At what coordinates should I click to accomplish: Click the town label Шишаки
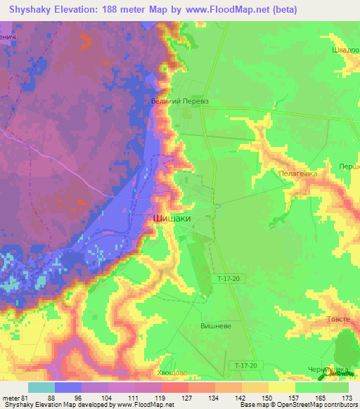tap(172, 219)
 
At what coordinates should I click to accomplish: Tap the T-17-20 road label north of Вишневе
tap(229, 279)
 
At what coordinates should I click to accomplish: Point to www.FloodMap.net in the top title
tap(228, 9)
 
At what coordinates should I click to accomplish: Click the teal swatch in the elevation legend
tap(41, 387)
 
